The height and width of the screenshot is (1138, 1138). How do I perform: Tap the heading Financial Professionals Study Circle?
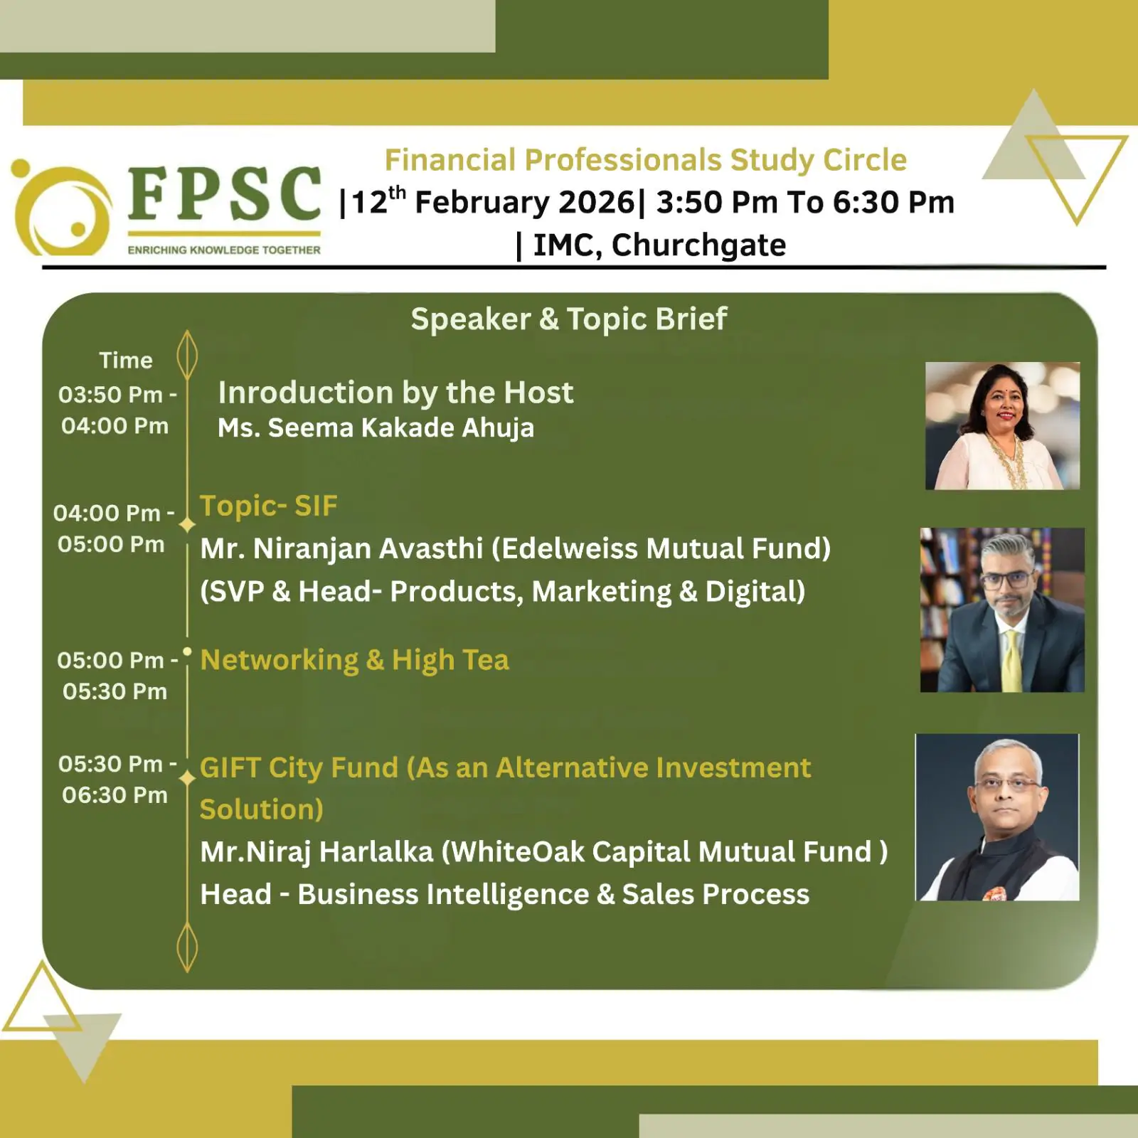[x=646, y=160]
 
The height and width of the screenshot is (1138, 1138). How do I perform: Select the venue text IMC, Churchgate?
[x=659, y=245]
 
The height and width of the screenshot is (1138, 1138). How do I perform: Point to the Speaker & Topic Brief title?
[x=569, y=319]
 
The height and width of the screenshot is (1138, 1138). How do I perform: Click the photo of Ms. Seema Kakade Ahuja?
[x=1002, y=425]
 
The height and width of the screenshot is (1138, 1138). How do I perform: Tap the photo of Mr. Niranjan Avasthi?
[x=1002, y=610]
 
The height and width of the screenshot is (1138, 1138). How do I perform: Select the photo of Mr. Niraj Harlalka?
[x=997, y=817]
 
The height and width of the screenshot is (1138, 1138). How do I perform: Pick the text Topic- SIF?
[x=269, y=506]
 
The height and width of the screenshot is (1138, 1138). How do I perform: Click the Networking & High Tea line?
[x=355, y=661]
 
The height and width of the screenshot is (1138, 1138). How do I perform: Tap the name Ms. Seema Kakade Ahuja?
[x=376, y=427]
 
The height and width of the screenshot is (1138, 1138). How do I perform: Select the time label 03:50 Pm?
[x=111, y=394]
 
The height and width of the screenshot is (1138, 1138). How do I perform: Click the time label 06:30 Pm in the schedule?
[x=115, y=795]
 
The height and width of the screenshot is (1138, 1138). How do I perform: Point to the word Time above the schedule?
[x=126, y=361]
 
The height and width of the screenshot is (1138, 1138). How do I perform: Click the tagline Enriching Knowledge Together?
[x=224, y=250]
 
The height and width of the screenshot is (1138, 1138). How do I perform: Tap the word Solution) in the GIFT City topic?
[x=262, y=809]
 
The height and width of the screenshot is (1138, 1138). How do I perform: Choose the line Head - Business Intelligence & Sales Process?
[x=505, y=895]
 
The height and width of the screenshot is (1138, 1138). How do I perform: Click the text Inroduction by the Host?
[x=395, y=393]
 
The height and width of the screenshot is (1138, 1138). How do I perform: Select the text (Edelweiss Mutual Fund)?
[x=661, y=549]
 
